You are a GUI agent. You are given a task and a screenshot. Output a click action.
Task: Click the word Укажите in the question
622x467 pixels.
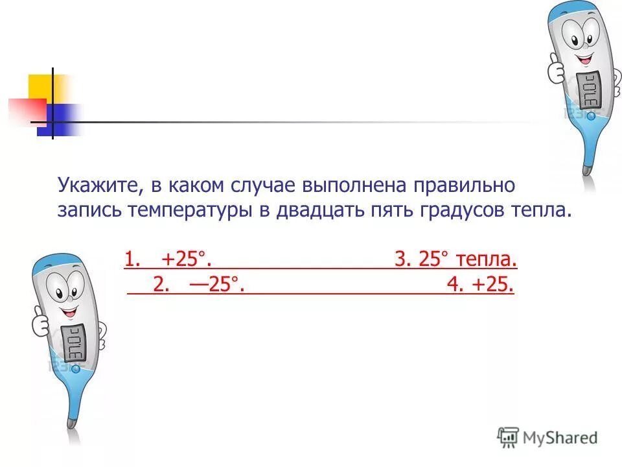click(97, 186)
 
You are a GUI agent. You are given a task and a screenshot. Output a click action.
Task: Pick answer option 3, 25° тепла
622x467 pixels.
click(456, 260)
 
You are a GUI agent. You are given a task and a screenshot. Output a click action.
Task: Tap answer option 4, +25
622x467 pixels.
click(480, 285)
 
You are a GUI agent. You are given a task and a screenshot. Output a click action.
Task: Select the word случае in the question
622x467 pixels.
click(262, 186)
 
